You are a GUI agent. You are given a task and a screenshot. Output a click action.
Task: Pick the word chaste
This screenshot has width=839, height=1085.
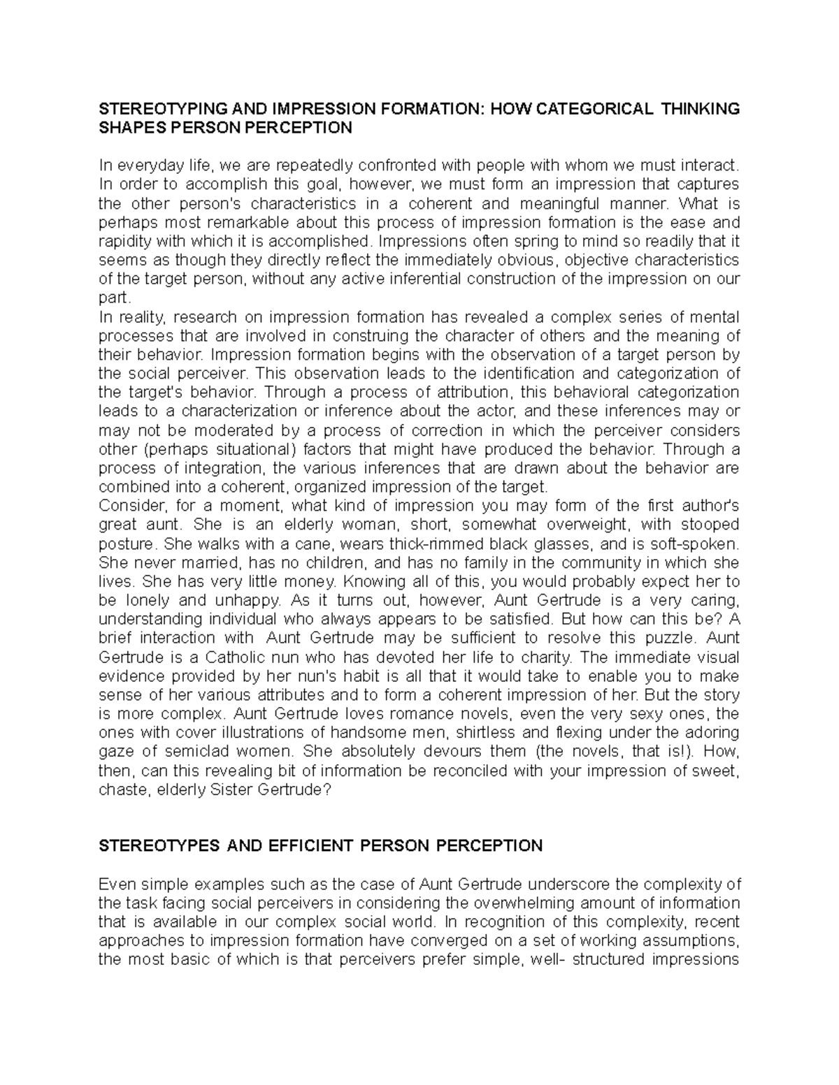pos(119,789)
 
